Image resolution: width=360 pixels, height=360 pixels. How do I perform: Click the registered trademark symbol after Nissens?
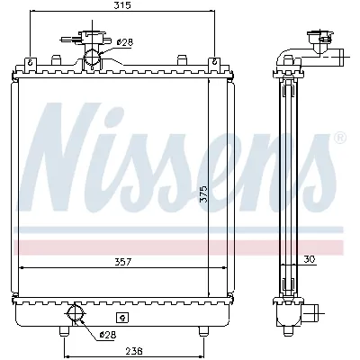click(338, 138)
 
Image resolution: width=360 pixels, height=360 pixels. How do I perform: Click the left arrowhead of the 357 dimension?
click(22, 268)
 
